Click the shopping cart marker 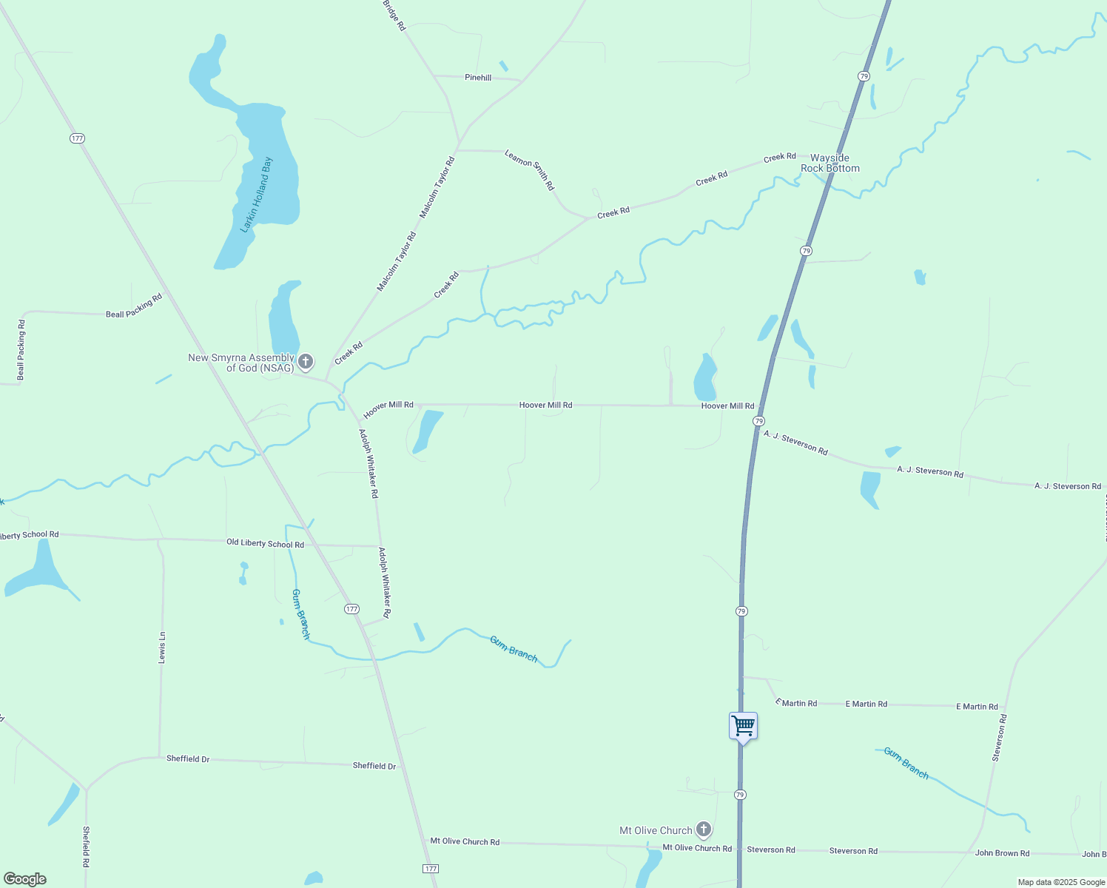743,726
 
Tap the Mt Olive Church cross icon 704,830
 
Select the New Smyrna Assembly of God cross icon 305,363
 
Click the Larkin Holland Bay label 258,195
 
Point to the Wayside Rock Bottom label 830,163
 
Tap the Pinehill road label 478,78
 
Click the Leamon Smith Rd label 529,169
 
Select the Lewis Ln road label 162,647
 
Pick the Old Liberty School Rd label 265,544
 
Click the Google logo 24,879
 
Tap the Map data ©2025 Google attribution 1061,882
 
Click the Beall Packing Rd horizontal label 134,306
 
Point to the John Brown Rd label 1002,853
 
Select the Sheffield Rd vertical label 86,847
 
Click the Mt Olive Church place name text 656,830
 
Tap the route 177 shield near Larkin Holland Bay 78,138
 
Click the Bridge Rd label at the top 394,15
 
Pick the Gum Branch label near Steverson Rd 906,763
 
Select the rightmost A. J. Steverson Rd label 1067,486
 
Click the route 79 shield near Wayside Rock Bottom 864,76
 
